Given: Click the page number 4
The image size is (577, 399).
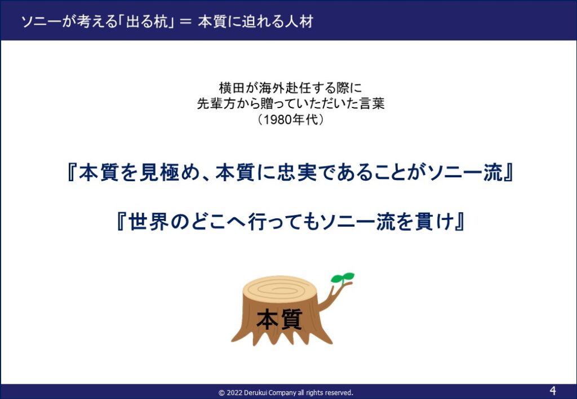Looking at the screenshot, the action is (553, 390).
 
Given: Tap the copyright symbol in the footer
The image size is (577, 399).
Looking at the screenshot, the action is (221, 393).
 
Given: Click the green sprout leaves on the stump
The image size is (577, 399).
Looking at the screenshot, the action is (342, 278).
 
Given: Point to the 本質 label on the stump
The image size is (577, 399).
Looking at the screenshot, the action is (279, 319).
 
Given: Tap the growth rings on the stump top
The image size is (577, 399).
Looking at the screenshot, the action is (279, 290).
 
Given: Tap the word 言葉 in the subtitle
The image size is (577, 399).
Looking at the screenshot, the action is (372, 104).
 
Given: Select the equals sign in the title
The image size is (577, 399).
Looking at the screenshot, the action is (186, 23).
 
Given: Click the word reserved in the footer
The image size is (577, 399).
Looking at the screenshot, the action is (340, 393).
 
